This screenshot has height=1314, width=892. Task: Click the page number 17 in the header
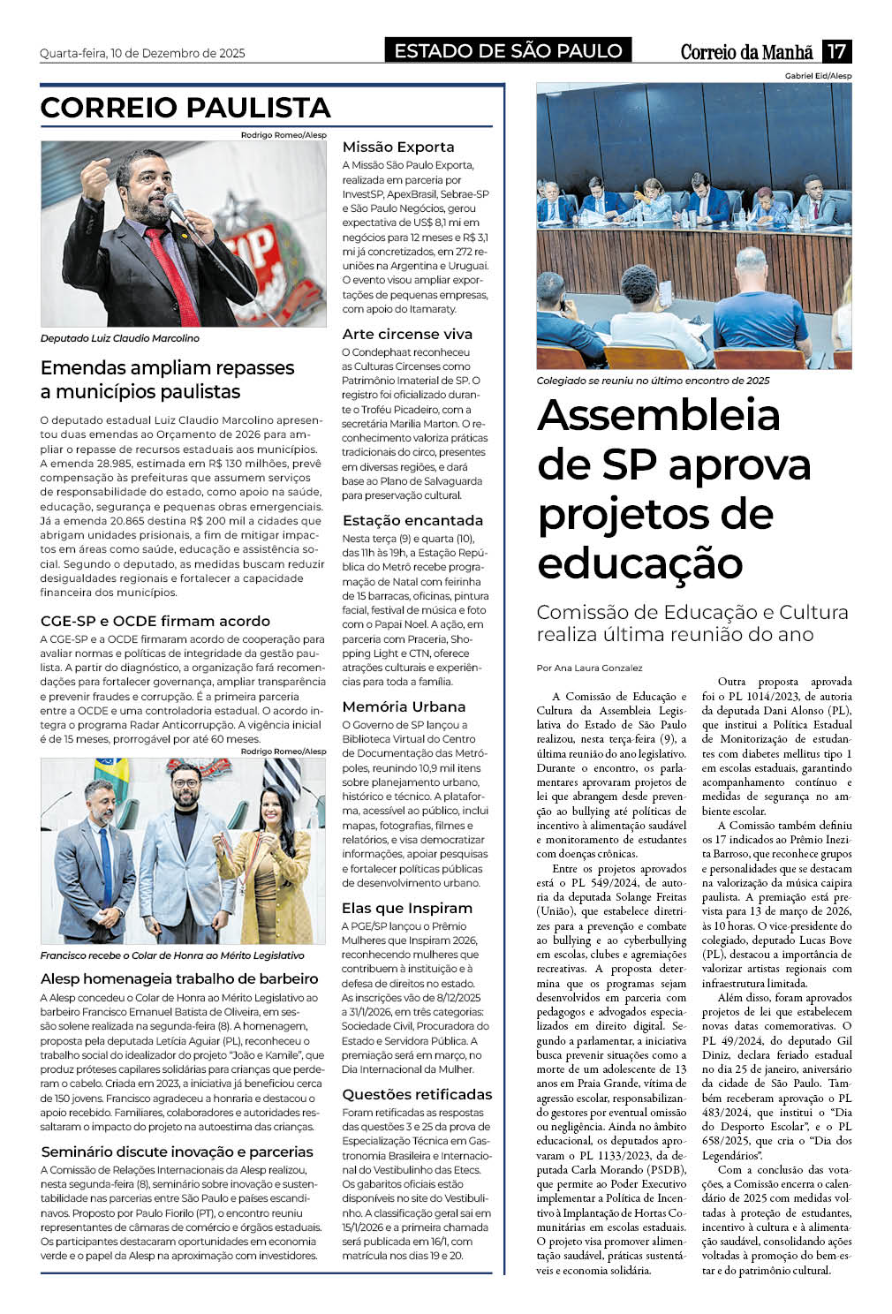coord(836,51)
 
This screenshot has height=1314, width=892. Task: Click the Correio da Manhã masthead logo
coord(746,52)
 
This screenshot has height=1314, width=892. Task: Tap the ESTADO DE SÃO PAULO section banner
coord(508,51)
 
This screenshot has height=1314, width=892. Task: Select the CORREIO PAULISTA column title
coord(185,108)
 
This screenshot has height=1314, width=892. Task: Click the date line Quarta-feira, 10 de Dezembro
coord(142,53)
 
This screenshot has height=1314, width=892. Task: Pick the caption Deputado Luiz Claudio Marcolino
coord(120,338)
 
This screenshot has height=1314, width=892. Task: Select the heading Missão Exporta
coord(398,147)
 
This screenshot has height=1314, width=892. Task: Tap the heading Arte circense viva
coord(407,335)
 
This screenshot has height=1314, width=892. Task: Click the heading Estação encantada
coord(412,521)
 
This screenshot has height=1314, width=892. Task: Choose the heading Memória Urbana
coord(404,707)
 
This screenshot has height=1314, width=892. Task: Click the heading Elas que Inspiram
coord(407,909)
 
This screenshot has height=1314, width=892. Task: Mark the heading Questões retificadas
coord(417,1095)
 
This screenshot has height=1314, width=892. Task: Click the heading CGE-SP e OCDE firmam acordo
coord(155,622)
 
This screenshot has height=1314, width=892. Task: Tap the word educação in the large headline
coord(640,563)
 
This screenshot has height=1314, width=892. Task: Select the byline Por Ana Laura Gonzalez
coord(589,668)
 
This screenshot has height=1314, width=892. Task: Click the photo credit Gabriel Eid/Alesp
coord(818,77)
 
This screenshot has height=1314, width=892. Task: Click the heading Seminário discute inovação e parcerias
coord(177,1152)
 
